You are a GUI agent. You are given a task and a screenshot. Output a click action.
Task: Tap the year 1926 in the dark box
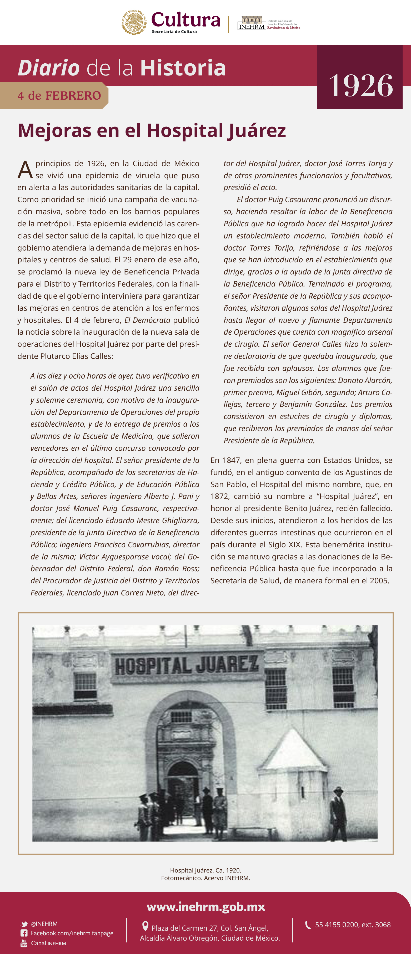pos(360,86)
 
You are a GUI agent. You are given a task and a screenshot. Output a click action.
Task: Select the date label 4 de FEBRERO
pos(59,95)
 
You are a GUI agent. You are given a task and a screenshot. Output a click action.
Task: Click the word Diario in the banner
pos(49,68)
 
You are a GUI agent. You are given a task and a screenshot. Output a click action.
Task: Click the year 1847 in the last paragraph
pos(232,460)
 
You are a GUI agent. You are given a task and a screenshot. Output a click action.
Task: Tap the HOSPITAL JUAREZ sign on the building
pos(186,665)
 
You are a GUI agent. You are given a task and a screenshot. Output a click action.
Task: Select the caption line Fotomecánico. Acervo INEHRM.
pos(205,878)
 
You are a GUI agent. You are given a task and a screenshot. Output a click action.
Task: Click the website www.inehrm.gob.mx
pos(206,907)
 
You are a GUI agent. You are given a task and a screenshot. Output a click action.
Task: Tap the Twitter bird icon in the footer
pos(24,924)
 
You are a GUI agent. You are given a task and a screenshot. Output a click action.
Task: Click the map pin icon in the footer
pos(145,926)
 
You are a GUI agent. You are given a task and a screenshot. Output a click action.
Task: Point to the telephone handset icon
pos(308,925)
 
